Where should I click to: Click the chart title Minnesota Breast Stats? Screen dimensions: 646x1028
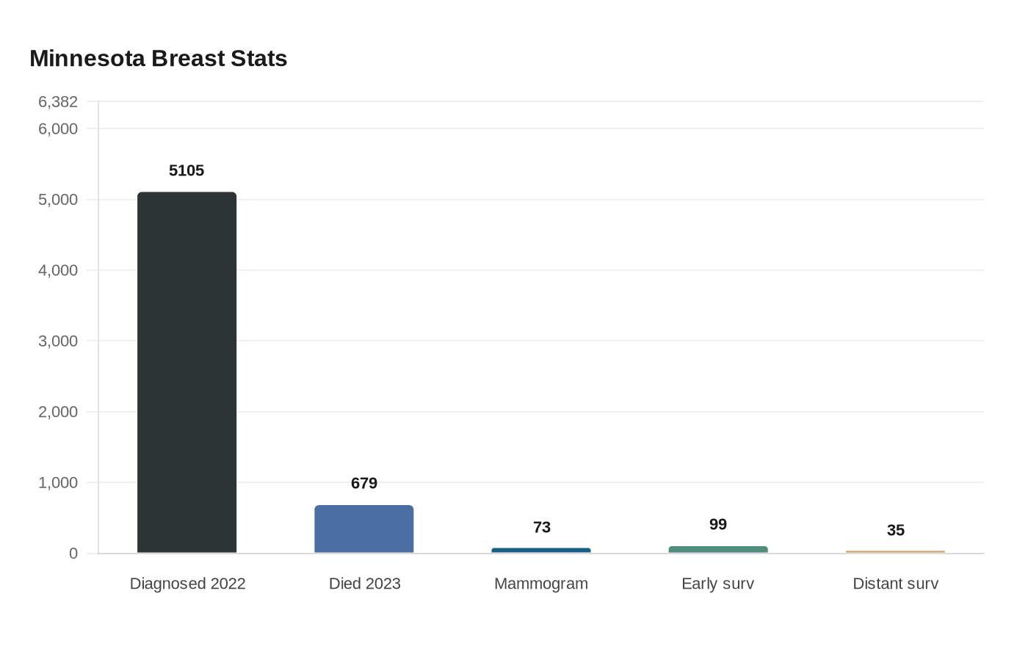tap(158, 59)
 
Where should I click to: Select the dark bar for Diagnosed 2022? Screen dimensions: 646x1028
tap(187, 373)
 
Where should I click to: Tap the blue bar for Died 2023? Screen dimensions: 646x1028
tap(364, 529)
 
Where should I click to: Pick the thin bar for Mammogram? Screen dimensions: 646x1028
tap(541, 551)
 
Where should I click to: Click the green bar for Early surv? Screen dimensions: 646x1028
tap(718, 550)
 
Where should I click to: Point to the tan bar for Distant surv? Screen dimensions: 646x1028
tap(895, 552)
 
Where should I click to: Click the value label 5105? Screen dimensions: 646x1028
tap(187, 170)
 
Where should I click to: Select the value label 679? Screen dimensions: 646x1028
tap(364, 483)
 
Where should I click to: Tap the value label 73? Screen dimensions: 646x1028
tap(542, 527)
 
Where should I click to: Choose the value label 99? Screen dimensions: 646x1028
tap(718, 524)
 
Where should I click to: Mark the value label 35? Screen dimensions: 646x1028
tap(896, 530)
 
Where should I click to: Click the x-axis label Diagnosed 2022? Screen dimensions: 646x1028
tap(187, 584)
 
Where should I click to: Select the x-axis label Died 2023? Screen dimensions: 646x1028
tap(364, 584)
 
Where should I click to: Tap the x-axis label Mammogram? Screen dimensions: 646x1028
tap(541, 584)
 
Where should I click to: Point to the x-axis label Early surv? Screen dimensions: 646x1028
tap(718, 584)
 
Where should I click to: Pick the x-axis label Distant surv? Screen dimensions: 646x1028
tap(895, 584)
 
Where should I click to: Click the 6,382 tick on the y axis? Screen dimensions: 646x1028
tap(58, 102)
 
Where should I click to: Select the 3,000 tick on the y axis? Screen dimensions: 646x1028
tap(58, 341)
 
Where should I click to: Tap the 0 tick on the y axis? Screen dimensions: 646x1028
tap(73, 554)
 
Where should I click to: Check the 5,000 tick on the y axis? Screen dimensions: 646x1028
tap(58, 200)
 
